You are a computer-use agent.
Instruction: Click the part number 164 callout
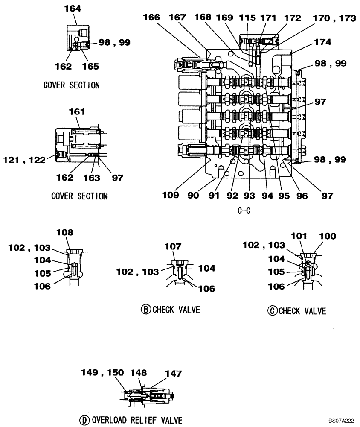[x=72, y=9]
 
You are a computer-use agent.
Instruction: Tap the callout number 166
[x=151, y=18]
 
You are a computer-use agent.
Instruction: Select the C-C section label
[x=245, y=211]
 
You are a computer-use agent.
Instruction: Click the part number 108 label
[x=66, y=233]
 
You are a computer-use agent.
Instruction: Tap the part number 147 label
[x=173, y=374]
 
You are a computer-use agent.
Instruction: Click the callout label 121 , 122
[x=24, y=160]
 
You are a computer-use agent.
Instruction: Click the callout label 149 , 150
[x=102, y=373]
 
